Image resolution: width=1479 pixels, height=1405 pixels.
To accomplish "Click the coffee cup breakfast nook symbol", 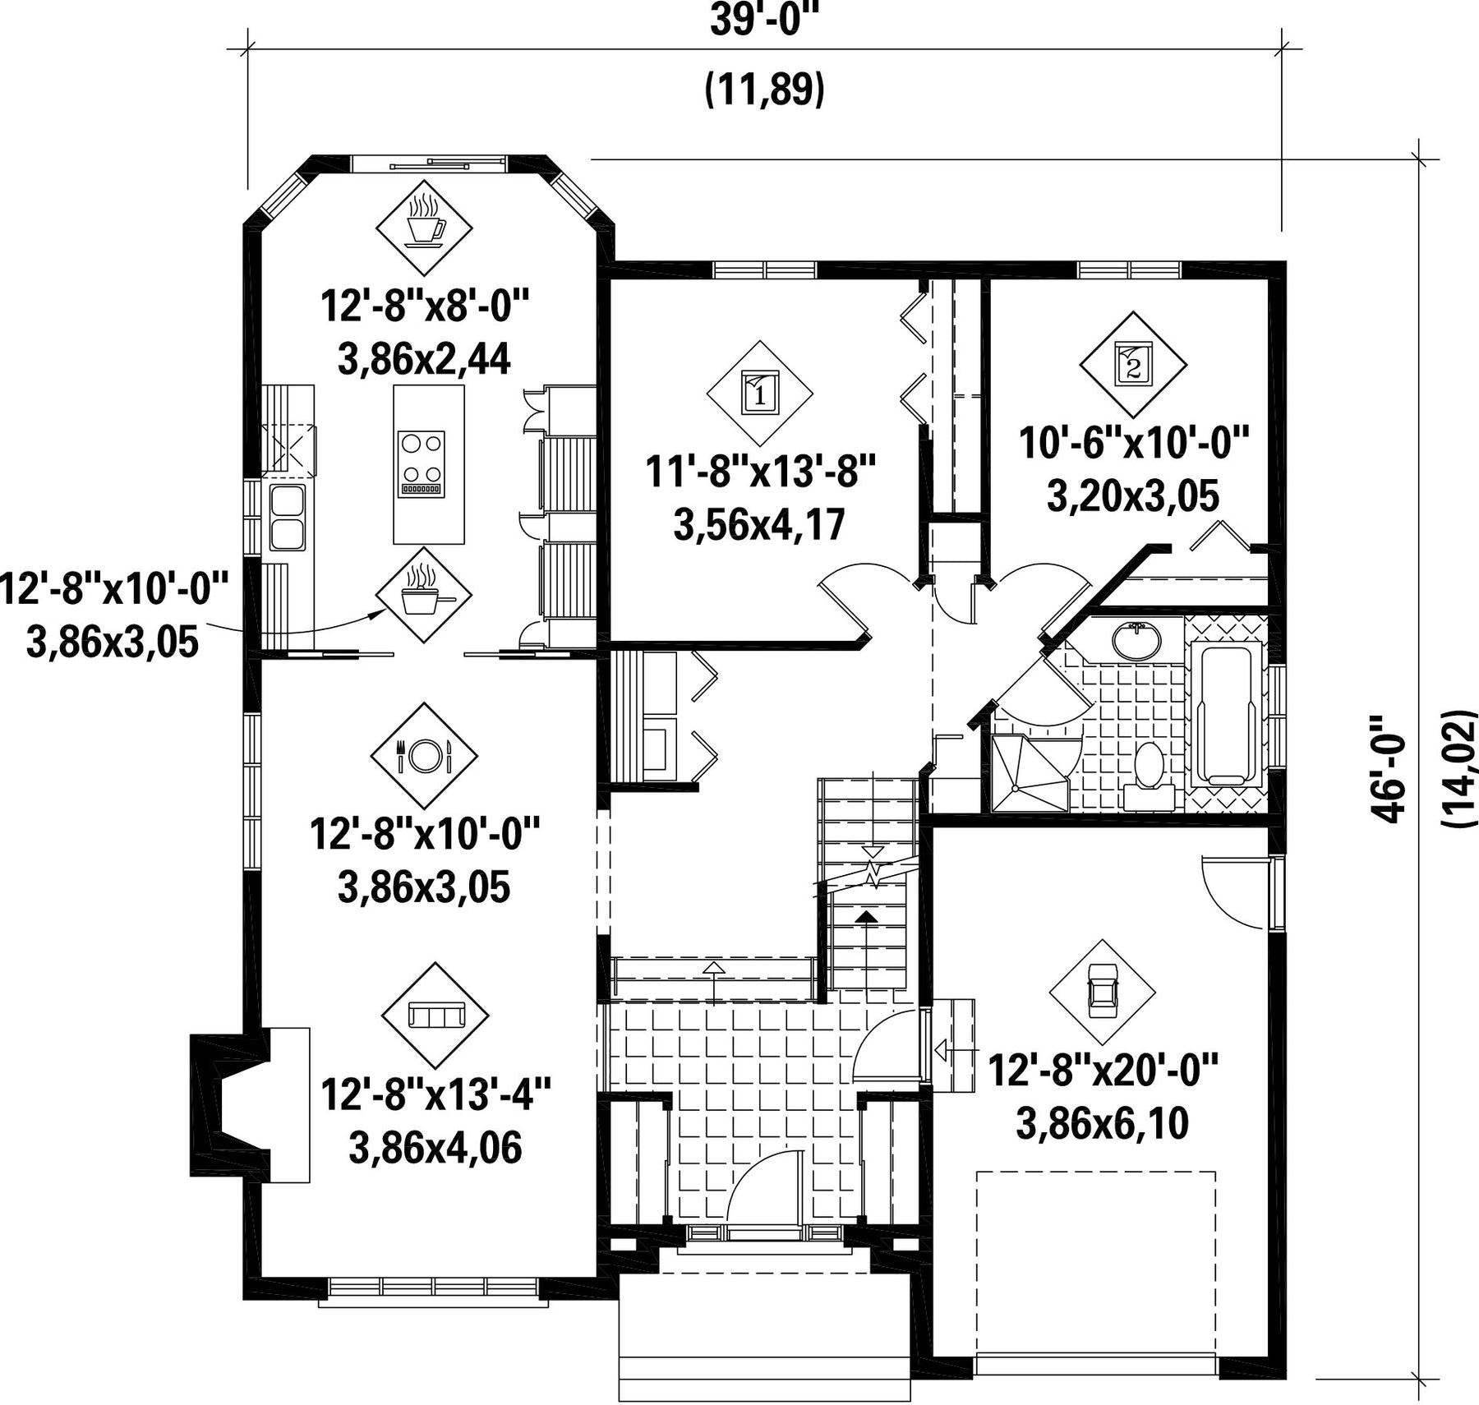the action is (x=424, y=228).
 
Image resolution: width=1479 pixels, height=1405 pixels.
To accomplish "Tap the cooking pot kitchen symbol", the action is (x=424, y=595).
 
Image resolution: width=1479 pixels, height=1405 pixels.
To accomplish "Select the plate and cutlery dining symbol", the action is (x=424, y=756).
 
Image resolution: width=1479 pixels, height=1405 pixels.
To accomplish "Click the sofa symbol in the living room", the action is (x=435, y=1016).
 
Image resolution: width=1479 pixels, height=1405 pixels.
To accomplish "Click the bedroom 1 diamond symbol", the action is (x=760, y=393).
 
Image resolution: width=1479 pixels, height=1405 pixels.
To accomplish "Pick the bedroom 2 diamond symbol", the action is (x=1133, y=365).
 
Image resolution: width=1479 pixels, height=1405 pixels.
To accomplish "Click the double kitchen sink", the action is (x=287, y=517).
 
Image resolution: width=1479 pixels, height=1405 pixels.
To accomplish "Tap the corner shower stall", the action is (x=1030, y=773).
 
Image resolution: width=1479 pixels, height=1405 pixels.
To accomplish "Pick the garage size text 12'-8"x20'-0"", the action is (x=1102, y=1071).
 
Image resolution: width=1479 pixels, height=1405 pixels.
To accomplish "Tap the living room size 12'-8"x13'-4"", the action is (x=435, y=1094).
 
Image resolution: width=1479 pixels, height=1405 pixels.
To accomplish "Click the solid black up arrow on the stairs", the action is (x=867, y=916).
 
